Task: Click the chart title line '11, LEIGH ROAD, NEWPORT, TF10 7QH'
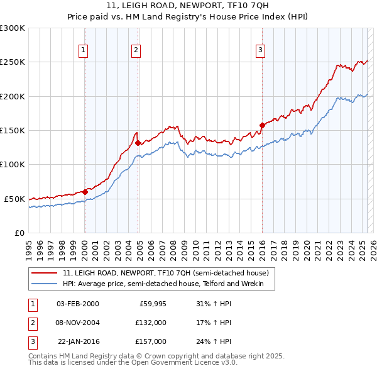[x=188, y=6]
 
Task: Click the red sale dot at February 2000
[x=85, y=192]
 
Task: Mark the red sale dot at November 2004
[x=138, y=143]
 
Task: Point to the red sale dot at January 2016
[x=262, y=125]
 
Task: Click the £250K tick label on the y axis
[x=13, y=62]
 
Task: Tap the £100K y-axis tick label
[x=13, y=165]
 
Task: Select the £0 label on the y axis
[x=19, y=233]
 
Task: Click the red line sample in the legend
[x=44, y=273]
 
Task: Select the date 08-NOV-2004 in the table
[x=78, y=322]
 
